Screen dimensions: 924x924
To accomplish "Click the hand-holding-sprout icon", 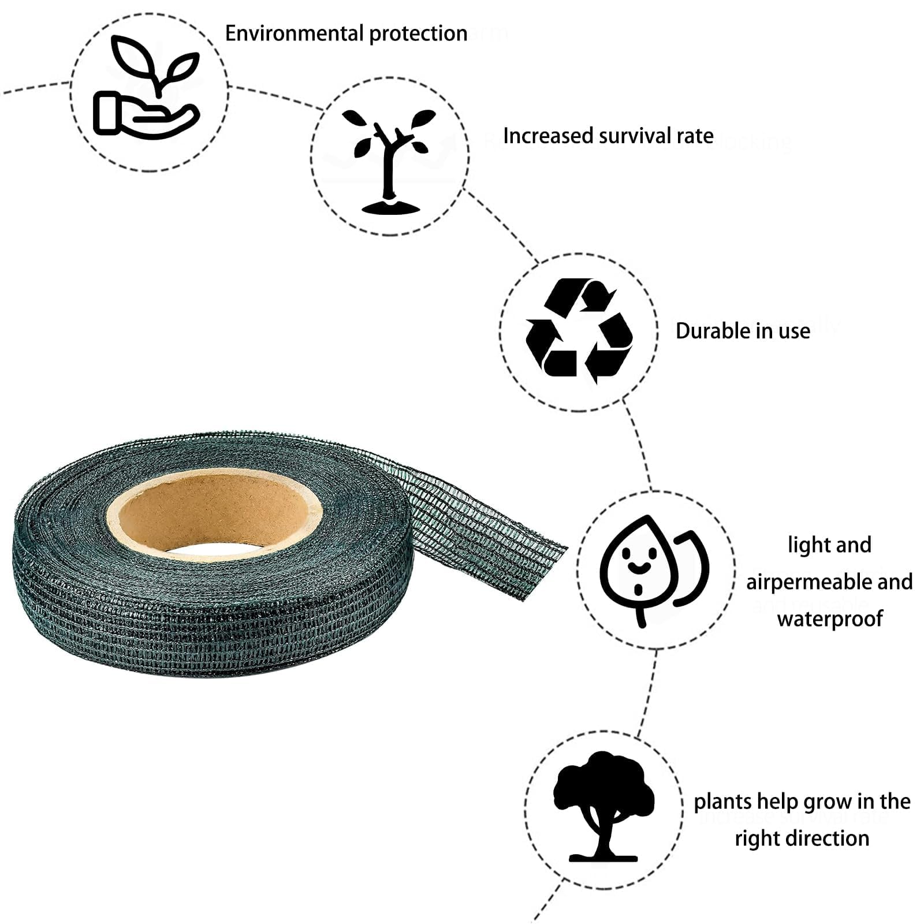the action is pyautogui.click(x=147, y=86).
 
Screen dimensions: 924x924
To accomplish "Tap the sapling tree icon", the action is pyautogui.click(x=389, y=161).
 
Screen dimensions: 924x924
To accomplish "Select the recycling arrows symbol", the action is pyautogui.click(x=579, y=331).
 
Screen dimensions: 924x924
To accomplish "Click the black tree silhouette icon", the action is pyautogui.click(x=603, y=806).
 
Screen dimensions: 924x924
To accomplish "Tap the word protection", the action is pyautogui.click(x=418, y=33).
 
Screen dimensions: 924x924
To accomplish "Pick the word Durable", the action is pyautogui.click(x=712, y=331).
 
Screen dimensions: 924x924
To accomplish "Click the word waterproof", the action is pyautogui.click(x=830, y=619).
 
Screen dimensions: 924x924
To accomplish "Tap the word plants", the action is pyautogui.click(x=722, y=802).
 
